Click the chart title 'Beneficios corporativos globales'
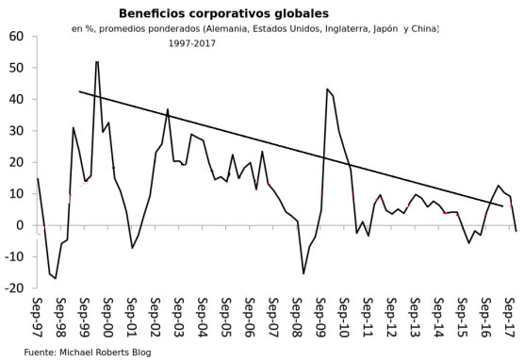point(210,14)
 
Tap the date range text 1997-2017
point(192,43)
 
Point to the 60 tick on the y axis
point(16,37)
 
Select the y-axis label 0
point(22,225)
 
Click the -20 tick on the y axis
point(14,288)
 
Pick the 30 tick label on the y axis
point(16,131)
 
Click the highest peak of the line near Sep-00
point(97,62)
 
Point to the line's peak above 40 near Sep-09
point(327,90)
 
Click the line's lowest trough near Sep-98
point(56,278)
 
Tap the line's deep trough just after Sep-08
point(303,273)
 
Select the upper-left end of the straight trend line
point(79,91)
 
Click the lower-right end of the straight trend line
point(502,205)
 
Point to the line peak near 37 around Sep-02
point(168,109)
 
